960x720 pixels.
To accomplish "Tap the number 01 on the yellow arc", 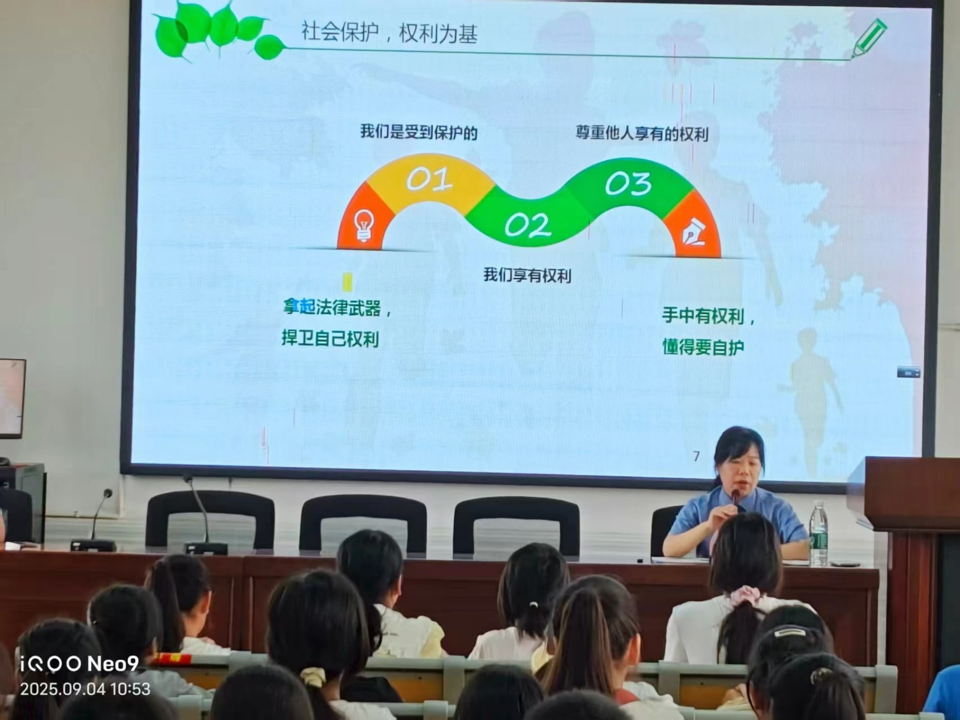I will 428,179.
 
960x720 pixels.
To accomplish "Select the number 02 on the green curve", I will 527,226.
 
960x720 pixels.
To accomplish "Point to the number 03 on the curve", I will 628,184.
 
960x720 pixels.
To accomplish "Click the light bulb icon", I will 364,225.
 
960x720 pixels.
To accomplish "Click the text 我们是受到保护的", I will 418,132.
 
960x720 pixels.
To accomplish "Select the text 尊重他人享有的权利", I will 641,133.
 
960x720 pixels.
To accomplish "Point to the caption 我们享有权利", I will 527,276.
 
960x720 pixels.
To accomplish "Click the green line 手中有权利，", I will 707,316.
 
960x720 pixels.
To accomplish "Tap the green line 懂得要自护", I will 703,347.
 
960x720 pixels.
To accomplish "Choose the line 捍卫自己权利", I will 330,339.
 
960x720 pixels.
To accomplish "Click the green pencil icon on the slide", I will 869,37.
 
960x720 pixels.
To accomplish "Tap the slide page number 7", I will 696,456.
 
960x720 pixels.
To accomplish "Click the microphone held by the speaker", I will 735,498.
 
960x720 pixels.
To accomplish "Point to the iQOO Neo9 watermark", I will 79,664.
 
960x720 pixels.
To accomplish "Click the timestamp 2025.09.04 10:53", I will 85,689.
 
